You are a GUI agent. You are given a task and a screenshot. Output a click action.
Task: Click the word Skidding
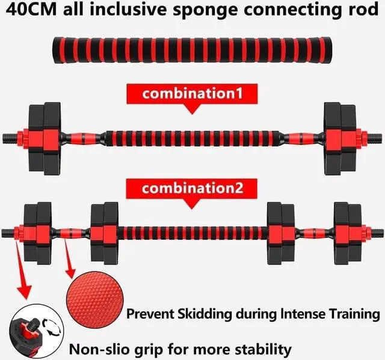(211, 314)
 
